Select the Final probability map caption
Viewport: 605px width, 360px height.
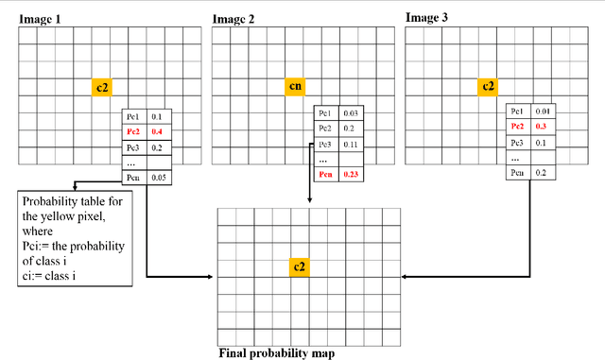pos(276,353)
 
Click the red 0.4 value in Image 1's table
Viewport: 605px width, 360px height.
pos(157,131)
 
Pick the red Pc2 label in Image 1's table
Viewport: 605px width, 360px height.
pos(134,131)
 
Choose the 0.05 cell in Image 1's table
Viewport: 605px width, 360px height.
pos(159,176)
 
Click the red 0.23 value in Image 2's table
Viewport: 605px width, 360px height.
pos(352,174)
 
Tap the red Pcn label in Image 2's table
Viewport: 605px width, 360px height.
pos(326,174)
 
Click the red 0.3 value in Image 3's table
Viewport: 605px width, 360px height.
pos(543,127)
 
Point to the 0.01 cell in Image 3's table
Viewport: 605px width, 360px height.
pos(543,111)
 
